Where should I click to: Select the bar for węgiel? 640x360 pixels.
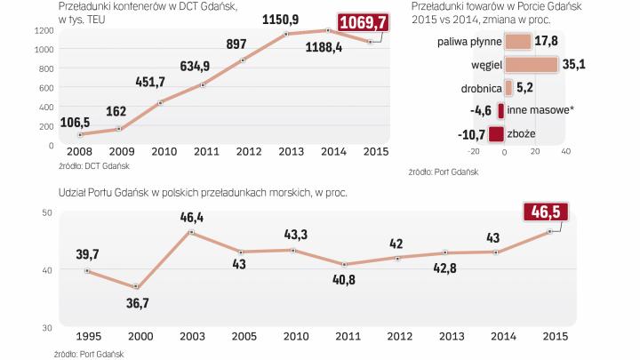click(531, 65)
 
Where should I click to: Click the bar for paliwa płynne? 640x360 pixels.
click(517, 42)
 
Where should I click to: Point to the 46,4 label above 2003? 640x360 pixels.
click(188, 216)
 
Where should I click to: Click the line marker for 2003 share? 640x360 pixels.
click(188, 232)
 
